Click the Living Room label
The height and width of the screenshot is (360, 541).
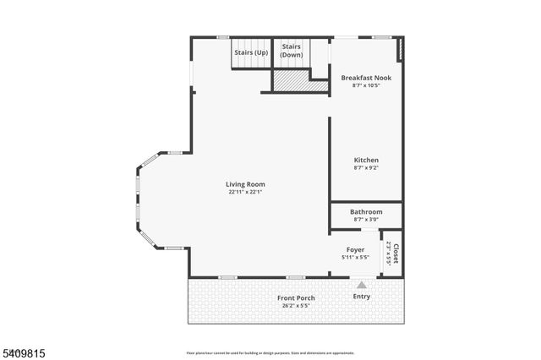245,184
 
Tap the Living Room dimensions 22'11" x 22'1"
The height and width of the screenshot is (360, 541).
245,192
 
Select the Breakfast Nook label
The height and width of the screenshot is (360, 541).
366,78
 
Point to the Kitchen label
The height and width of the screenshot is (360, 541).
366,160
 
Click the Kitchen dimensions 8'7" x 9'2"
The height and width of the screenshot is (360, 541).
366,167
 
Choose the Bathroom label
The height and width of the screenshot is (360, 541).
366,211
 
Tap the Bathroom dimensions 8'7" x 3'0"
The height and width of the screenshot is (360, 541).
366,219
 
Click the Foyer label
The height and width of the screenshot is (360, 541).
355,249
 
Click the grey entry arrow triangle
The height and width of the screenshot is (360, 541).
361,286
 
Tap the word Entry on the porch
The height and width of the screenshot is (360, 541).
361,297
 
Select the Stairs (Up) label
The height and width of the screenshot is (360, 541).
250,52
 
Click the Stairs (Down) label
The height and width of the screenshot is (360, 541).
292,51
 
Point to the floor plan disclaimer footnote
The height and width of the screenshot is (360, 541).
270,352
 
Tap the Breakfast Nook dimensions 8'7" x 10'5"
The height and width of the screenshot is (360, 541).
366,85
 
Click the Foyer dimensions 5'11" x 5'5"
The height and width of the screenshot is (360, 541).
355,257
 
